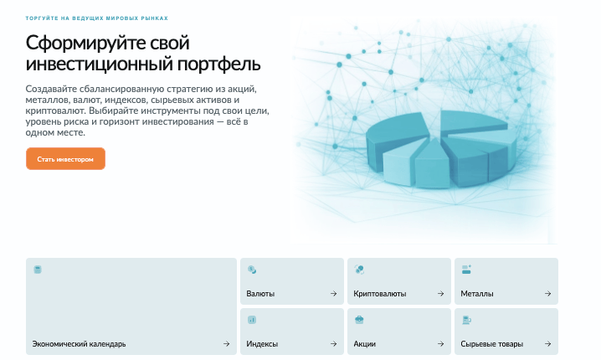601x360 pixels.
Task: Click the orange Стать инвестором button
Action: tap(65, 158)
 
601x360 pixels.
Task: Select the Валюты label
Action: tap(260, 294)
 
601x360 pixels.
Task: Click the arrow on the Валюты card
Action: tap(333, 294)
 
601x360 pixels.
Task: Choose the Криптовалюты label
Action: tap(380, 294)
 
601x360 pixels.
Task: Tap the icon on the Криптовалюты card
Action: tap(359, 270)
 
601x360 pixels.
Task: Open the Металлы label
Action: tap(477, 294)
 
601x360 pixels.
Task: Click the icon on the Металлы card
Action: tap(466, 270)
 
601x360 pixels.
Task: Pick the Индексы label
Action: tap(262, 344)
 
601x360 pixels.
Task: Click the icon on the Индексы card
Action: tap(252, 320)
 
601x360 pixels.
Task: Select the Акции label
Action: tap(365, 344)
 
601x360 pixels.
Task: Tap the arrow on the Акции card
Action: tap(440, 344)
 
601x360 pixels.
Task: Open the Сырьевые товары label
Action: tap(490, 344)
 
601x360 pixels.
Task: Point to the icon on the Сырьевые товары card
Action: tap(466, 320)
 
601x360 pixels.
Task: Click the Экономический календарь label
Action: tap(79, 344)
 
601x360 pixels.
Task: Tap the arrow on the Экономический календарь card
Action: tap(226, 344)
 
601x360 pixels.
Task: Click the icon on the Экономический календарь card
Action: tap(38, 270)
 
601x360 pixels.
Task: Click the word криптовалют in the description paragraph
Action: tap(54, 110)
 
